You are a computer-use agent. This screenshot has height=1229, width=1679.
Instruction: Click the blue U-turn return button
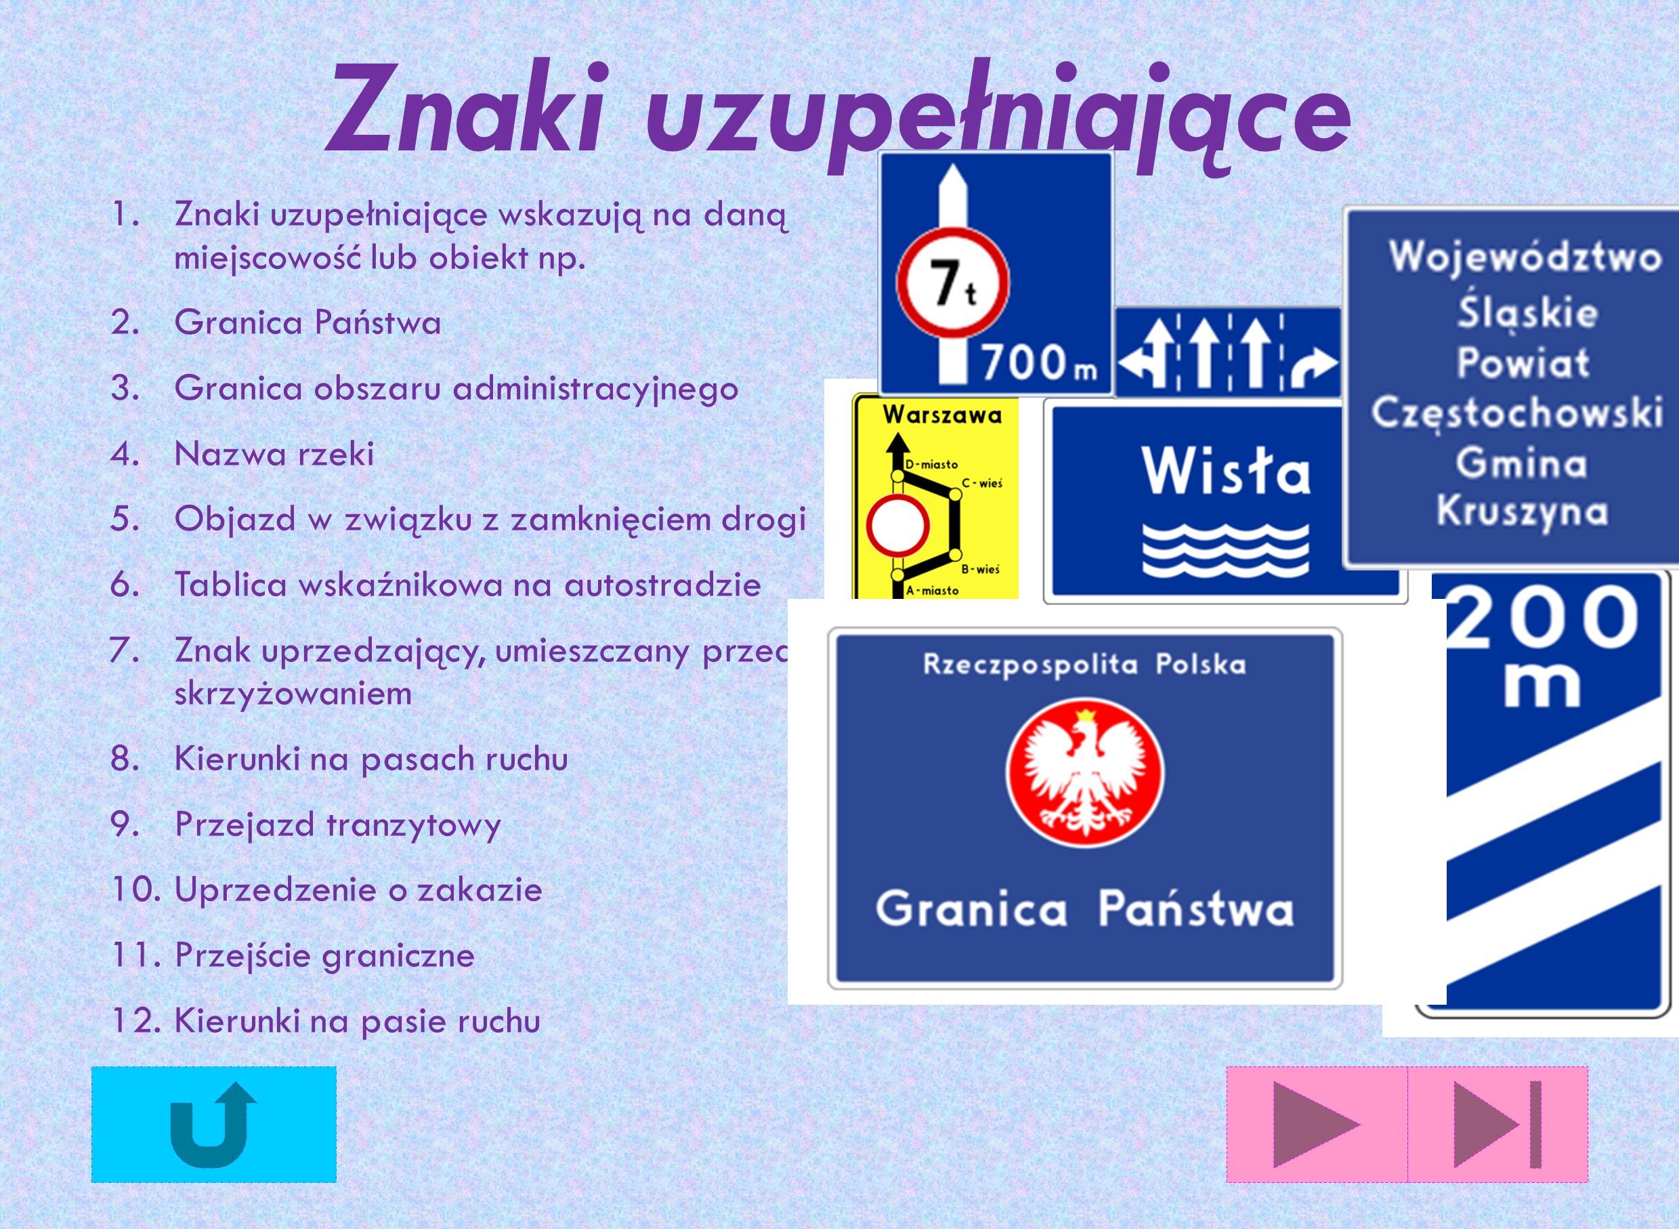213,1124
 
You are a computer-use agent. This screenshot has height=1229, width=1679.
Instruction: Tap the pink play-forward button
1316,1124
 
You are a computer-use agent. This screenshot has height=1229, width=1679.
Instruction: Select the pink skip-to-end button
1497,1124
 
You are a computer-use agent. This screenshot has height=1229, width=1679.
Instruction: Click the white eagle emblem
1085,769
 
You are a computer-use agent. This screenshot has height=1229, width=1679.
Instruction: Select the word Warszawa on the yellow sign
942,415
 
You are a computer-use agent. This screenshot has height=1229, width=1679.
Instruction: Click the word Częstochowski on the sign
1517,413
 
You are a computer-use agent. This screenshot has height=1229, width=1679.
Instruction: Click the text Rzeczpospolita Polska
1085,663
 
